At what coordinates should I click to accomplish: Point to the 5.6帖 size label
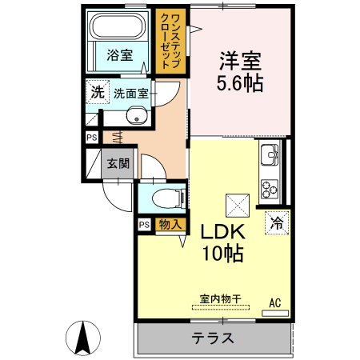(239, 82)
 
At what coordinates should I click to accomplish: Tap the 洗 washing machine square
(97, 92)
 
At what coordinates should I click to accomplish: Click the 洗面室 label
(130, 93)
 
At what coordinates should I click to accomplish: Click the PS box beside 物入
(144, 225)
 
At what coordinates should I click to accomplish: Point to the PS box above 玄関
(93, 138)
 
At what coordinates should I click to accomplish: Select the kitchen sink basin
(269, 153)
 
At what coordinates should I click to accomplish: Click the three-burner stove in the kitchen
(268, 189)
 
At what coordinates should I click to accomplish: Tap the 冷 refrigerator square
(277, 223)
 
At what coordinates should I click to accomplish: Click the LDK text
(222, 233)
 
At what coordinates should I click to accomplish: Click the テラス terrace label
(212, 338)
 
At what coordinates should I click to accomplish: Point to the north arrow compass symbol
(82, 338)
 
